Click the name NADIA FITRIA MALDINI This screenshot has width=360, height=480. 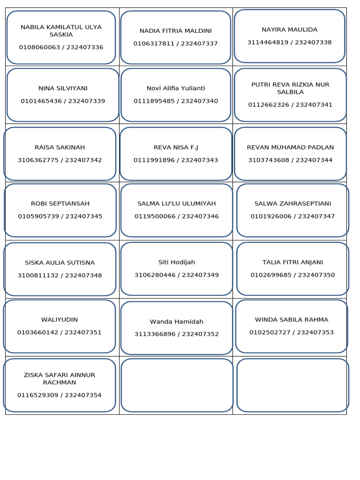(x=176, y=31)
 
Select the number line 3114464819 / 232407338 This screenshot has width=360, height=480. (x=290, y=43)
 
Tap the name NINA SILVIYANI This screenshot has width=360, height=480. (x=63, y=88)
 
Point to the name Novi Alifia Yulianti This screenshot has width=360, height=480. (x=176, y=88)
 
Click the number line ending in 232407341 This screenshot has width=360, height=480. (x=290, y=105)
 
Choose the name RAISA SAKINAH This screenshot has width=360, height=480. (x=60, y=147)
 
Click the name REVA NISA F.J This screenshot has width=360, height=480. (x=176, y=147)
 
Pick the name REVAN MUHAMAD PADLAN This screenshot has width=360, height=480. (x=290, y=147)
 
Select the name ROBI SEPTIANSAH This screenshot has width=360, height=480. (x=60, y=203)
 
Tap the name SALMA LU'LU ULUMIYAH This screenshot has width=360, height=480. (x=177, y=203)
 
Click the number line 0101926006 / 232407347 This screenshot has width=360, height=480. (x=292, y=216)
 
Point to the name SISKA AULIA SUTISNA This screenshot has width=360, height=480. (x=60, y=262)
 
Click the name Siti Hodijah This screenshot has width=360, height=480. (x=177, y=262)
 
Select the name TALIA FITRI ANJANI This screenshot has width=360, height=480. (x=292, y=262)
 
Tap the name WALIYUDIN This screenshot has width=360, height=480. (x=60, y=320)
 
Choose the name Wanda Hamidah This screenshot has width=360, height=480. (x=177, y=322)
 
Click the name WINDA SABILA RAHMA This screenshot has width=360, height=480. (x=292, y=320)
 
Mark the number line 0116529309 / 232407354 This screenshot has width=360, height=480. (x=60, y=395)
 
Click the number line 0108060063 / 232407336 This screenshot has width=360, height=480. (x=61, y=47)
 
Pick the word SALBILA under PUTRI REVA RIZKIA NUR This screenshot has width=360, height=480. (x=290, y=92)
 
